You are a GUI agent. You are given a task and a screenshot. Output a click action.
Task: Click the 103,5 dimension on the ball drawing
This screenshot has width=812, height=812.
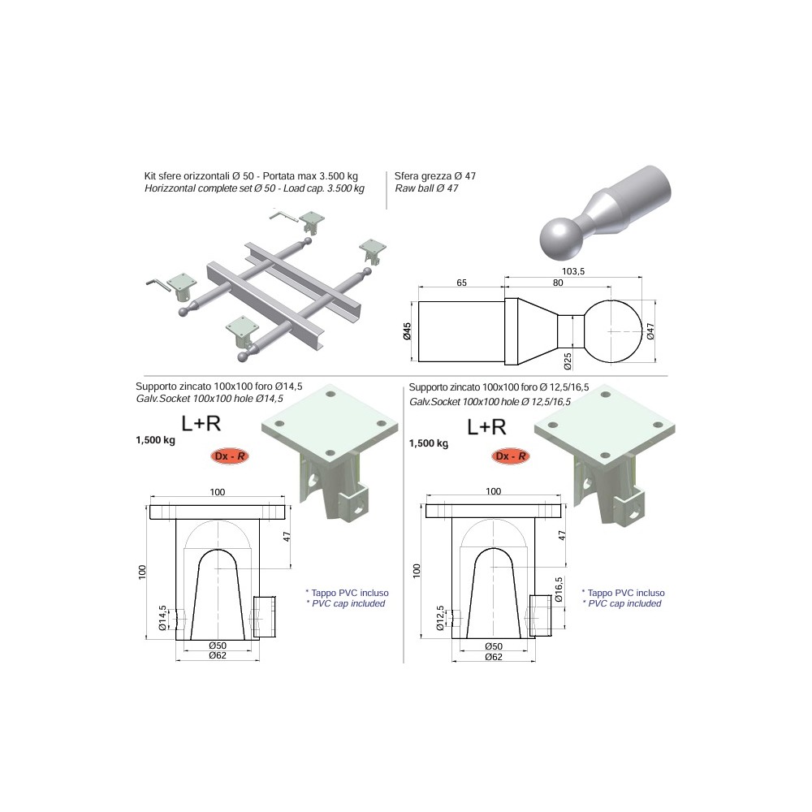pyautogui.click(x=573, y=271)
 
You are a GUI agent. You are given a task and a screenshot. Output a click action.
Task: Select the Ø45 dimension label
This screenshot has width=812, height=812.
pyautogui.click(x=407, y=331)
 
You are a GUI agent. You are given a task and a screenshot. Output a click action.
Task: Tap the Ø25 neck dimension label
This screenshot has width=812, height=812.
pyautogui.click(x=568, y=361)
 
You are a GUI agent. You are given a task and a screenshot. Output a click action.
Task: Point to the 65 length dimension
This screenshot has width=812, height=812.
pyautogui.click(x=461, y=283)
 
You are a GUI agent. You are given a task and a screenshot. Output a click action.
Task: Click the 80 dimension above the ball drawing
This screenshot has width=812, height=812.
pyautogui.click(x=558, y=283)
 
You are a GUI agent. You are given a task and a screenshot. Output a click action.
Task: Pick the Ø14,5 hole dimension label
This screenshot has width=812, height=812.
pyautogui.click(x=162, y=618)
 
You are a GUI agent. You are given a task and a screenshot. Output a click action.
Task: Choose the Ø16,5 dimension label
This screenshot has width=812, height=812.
pyautogui.click(x=559, y=590)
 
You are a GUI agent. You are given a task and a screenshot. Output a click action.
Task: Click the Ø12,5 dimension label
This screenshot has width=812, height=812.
pyautogui.click(x=440, y=618)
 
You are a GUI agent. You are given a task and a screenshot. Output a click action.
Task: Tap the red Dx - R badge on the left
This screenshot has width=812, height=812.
pyautogui.click(x=230, y=456)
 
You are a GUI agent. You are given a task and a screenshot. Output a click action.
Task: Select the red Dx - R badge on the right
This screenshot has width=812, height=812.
pyautogui.click(x=511, y=456)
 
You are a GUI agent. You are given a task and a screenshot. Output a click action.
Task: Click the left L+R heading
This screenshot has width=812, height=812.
pyautogui.click(x=201, y=424)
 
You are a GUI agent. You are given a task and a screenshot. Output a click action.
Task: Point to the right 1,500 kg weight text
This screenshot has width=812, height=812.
pyautogui.click(x=429, y=443)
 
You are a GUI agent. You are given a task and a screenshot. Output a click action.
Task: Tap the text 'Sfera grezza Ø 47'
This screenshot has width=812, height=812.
pyautogui.click(x=435, y=176)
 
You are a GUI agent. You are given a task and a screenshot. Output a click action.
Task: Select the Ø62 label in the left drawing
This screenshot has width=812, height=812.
pyautogui.click(x=218, y=655)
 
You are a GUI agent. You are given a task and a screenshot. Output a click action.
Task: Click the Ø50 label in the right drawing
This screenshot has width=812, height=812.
pyautogui.click(x=494, y=646)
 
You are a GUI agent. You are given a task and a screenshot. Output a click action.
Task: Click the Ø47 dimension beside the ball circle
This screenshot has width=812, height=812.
pyautogui.click(x=650, y=331)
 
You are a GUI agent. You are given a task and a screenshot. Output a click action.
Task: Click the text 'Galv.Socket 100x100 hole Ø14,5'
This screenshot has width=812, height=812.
pyautogui.click(x=209, y=399)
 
